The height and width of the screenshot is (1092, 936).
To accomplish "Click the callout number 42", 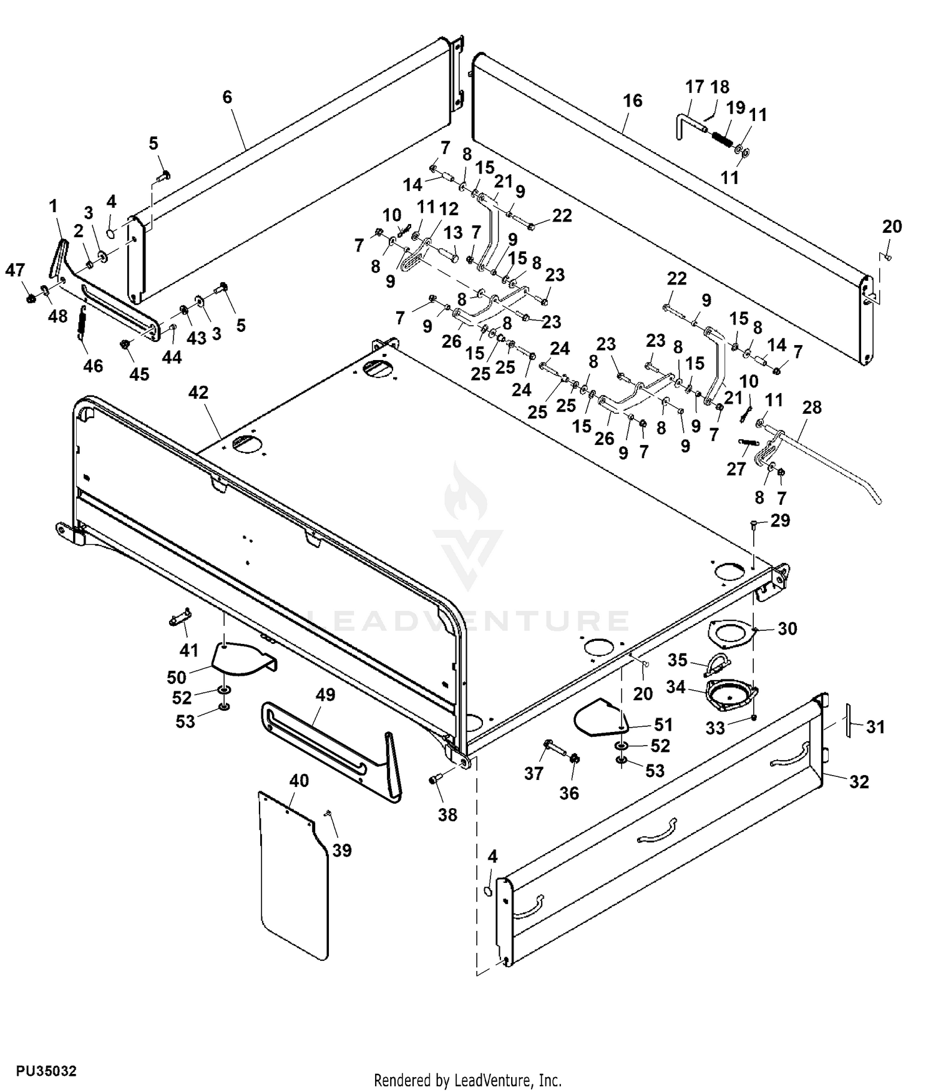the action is tap(198, 393).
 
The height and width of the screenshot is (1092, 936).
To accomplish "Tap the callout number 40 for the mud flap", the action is tap(299, 781).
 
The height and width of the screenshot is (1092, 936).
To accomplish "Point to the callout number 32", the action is tap(859, 782).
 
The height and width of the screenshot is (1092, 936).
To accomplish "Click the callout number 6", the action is tap(227, 97).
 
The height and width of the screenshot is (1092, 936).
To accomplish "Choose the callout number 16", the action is tap(632, 100).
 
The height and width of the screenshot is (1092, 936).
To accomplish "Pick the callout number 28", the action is tap(812, 407).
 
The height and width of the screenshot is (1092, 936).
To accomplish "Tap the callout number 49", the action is tap(325, 695).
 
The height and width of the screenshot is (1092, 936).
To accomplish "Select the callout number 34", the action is tap(676, 687).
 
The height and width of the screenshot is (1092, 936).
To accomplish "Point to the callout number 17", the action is tap(695, 87).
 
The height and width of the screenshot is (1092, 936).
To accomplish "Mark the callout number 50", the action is tap(177, 677).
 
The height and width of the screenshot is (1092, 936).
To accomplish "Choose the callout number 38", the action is tap(447, 815).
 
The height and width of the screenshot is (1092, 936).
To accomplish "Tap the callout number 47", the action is tap(15, 270).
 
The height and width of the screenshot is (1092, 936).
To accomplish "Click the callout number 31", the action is tap(875, 727).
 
